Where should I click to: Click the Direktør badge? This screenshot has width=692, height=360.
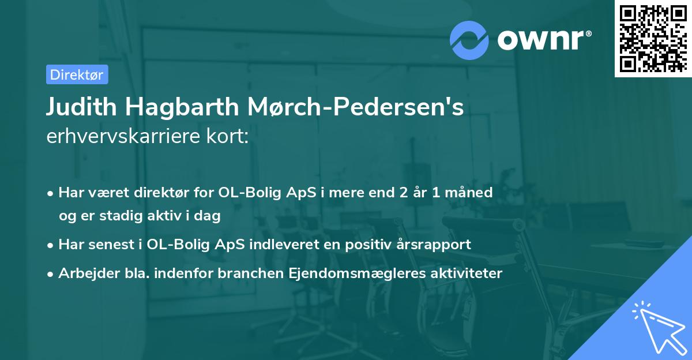pyautogui.click(x=77, y=74)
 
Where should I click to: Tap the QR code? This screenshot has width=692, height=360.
pyautogui.click(x=653, y=39)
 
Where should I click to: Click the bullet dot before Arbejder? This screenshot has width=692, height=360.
pyautogui.click(x=51, y=274)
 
